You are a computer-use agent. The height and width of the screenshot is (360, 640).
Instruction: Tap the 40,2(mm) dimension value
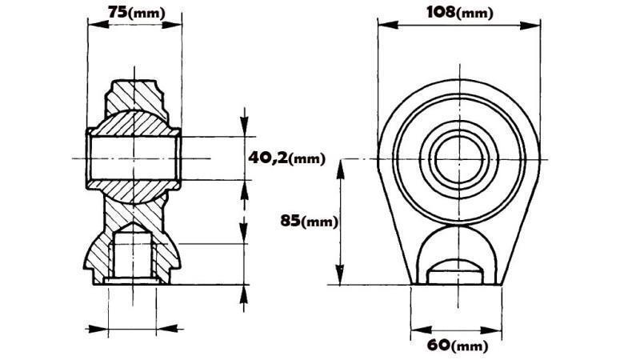pyautogui.click(x=286, y=158)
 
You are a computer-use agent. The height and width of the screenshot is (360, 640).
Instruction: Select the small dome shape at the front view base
pyautogui.click(x=456, y=270)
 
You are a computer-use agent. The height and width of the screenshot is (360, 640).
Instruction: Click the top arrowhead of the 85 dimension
pyautogui.click(x=342, y=163)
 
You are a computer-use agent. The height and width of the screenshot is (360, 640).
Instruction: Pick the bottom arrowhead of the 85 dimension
pyautogui.click(x=342, y=279)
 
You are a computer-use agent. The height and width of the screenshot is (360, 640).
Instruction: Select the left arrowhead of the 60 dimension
pyautogui.click(x=414, y=330)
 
